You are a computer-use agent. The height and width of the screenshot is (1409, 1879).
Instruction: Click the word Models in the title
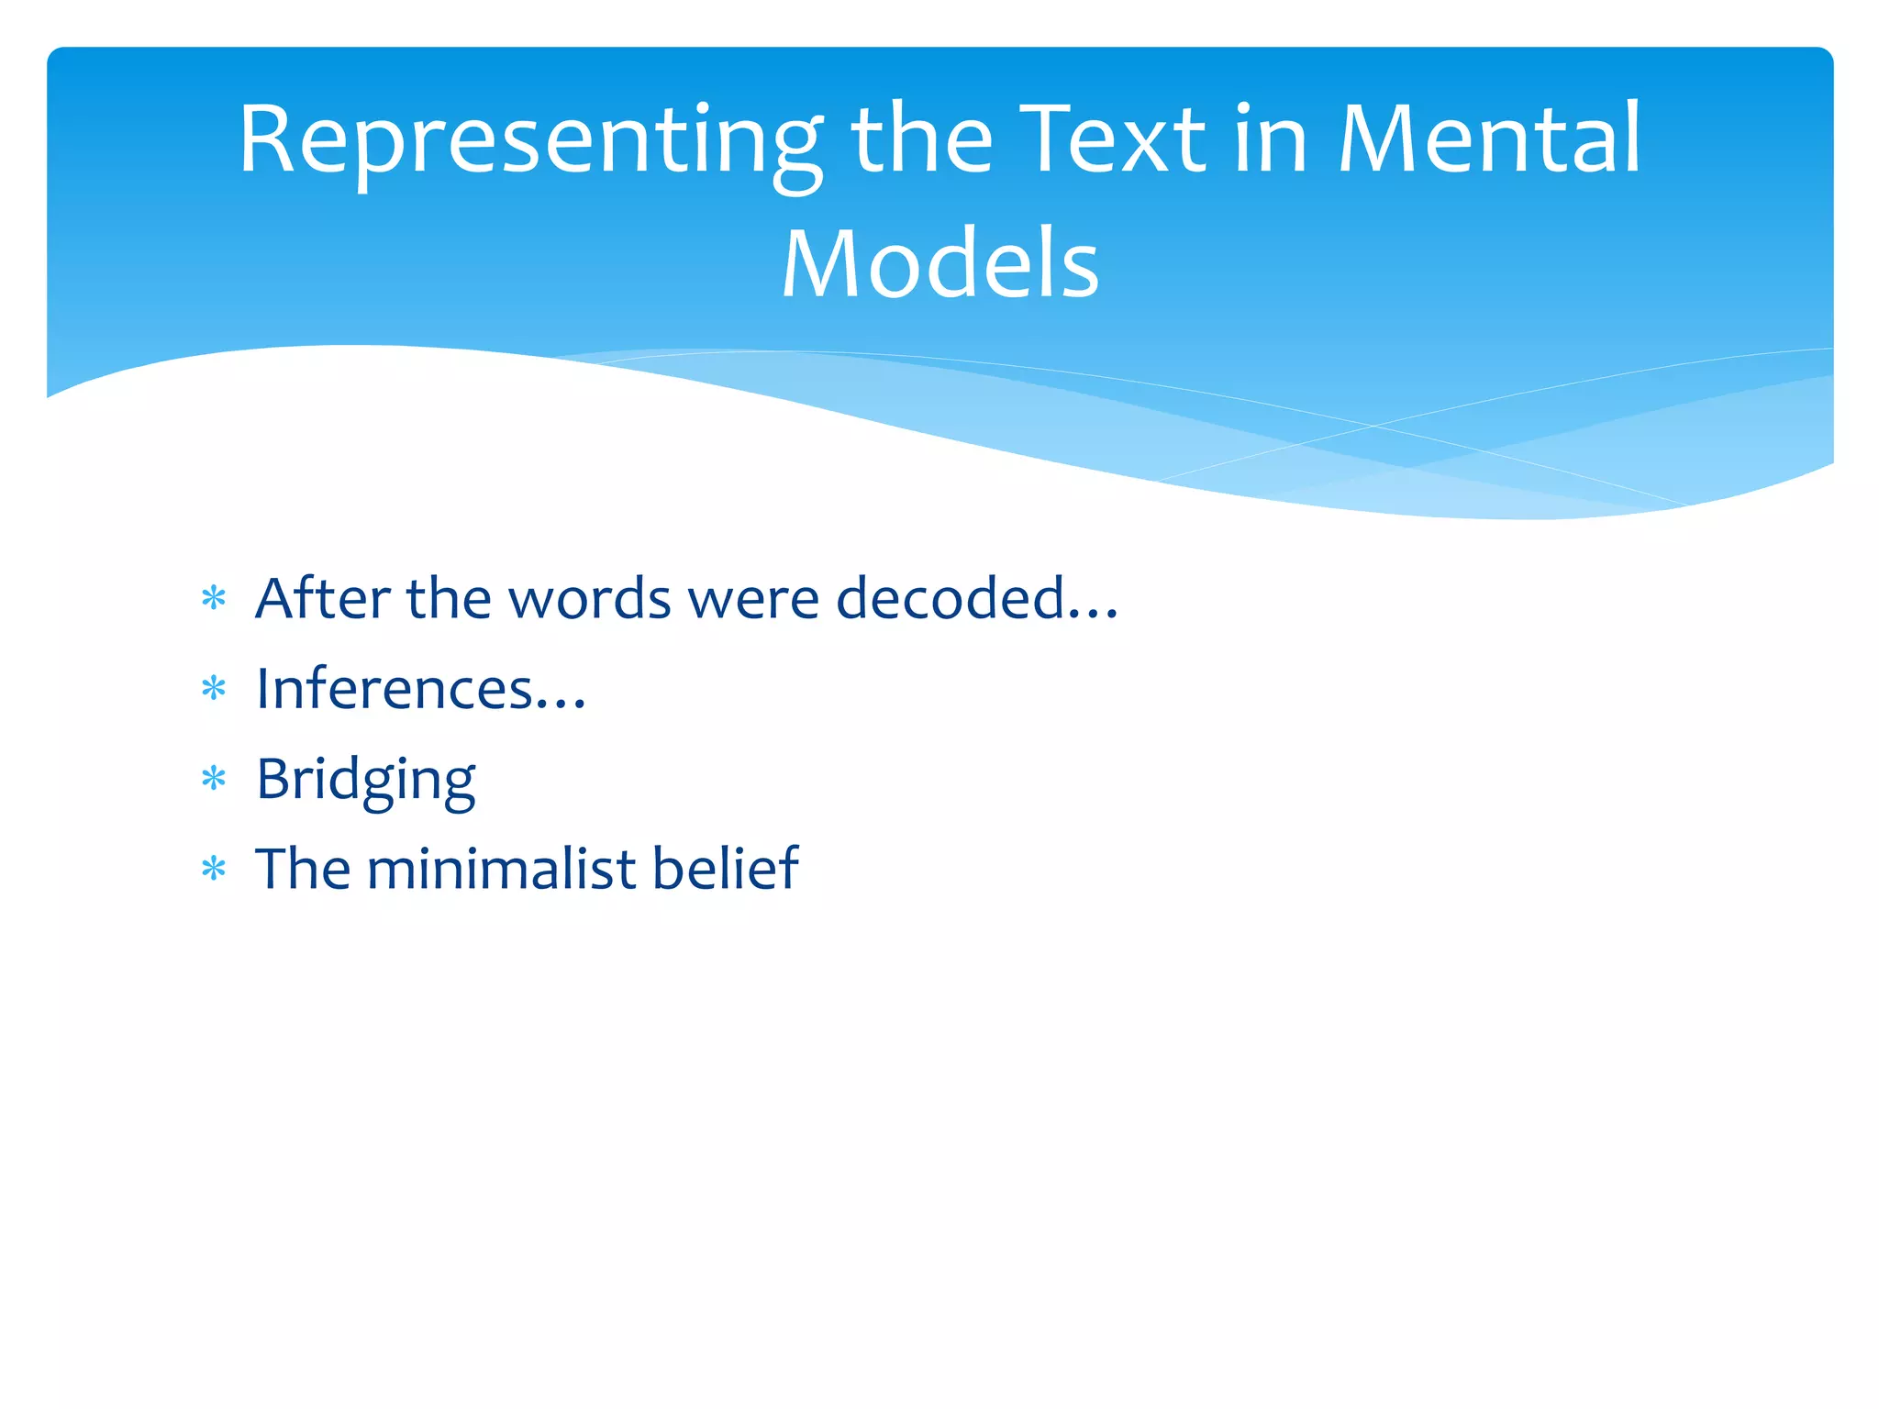pyautogui.click(x=939, y=264)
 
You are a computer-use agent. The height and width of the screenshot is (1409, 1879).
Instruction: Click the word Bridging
pyautogui.click(x=365, y=780)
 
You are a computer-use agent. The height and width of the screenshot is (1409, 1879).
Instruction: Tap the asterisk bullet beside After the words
pyautogui.click(x=214, y=599)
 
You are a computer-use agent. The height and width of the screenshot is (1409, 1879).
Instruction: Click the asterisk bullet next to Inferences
pyautogui.click(x=214, y=689)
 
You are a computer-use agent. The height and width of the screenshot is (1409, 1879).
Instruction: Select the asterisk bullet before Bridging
pyautogui.click(x=214, y=779)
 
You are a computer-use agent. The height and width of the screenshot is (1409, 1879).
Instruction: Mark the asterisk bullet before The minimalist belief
pyautogui.click(x=214, y=869)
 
